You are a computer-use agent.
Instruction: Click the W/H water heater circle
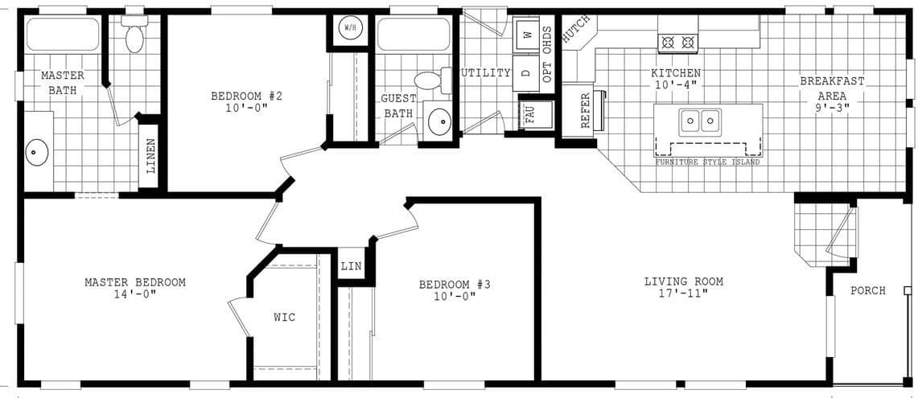[x=350, y=28]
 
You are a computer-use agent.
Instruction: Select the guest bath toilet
[x=429, y=80]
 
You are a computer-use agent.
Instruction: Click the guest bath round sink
[x=439, y=121]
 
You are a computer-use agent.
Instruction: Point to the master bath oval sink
[x=37, y=151]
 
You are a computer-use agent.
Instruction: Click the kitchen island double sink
[x=698, y=121]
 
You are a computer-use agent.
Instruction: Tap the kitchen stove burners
[x=677, y=42]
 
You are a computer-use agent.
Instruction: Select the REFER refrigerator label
[x=585, y=111]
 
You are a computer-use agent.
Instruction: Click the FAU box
[x=529, y=114]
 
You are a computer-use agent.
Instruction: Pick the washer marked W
[x=527, y=35]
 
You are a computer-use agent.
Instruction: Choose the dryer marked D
[x=526, y=72]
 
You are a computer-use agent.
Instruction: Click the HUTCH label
[x=576, y=29]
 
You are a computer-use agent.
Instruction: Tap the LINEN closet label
[x=150, y=156]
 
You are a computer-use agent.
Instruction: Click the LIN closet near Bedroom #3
[x=350, y=265]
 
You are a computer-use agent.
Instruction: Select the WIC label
[x=284, y=317]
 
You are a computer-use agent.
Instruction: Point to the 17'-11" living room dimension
[x=683, y=293]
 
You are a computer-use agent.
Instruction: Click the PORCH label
[x=867, y=290]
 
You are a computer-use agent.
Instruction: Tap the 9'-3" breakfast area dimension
[x=832, y=105]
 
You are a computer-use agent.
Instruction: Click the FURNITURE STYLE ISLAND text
[x=707, y=162]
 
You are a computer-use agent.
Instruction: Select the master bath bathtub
[x=63, y=35]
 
